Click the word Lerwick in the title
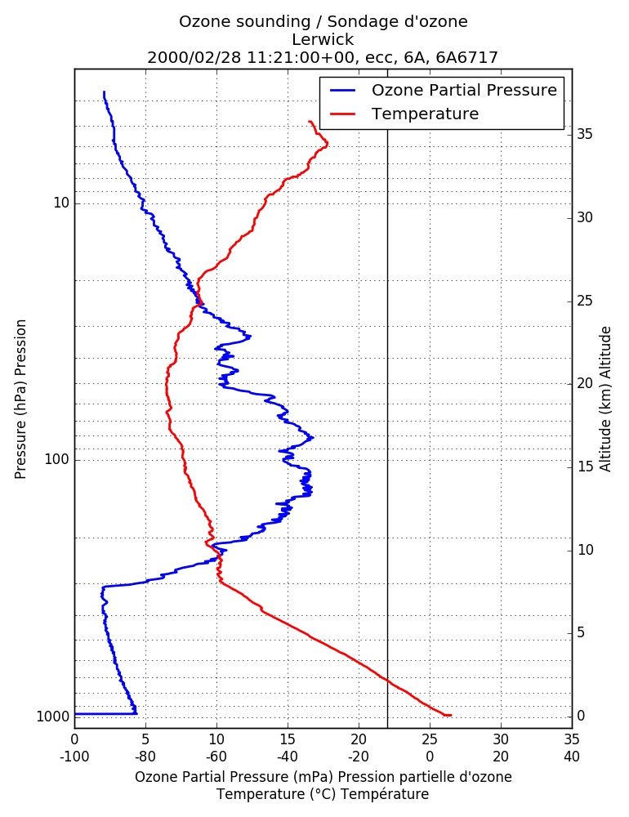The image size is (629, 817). (x=323, y=39)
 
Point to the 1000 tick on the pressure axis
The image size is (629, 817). (x=52, y=717)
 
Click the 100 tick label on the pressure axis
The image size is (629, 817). (x=57, y=459)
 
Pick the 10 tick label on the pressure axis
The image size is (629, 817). (x=61, y=203)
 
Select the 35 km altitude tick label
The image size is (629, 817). (x=585, y=134)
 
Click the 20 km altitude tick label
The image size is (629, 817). (x=585, y=383)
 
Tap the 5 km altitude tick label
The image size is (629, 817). (x=581, y=632)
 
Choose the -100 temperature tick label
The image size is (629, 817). (x=74, y=757)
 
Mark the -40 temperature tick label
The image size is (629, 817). (x=288, y=757)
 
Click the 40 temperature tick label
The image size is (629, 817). (x=572, y=757)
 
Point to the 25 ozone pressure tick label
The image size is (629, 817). (x=430, y=739)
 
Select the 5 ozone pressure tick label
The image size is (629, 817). (x=145, y=739)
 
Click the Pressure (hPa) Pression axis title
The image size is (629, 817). (x=20, y=400)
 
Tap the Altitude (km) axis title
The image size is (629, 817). (x=605, y=400)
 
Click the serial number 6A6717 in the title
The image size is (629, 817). (x=467, y=57)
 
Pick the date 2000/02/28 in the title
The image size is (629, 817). (x=194, y=57)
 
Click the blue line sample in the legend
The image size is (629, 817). (x=343, y=90)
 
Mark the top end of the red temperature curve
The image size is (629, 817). (x=310, y=122)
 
